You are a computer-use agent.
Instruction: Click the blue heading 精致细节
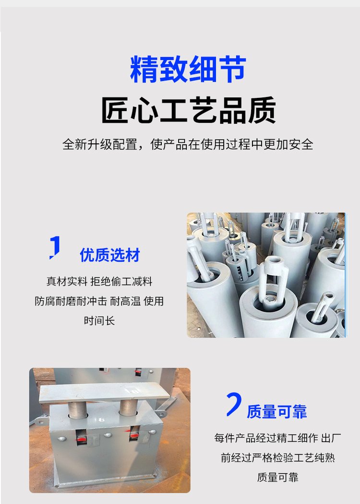click(x=188, y=69)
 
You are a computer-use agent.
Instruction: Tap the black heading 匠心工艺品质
click(x=189, y=110)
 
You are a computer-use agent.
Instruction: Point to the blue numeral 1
click(x=55, y=247)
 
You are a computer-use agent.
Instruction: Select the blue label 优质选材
click(x=110, y=255)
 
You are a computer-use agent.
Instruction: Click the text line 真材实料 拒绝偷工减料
click(x=99, y=281)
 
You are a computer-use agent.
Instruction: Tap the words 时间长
click(x=99, y=320)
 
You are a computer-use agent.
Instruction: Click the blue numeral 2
click(x=234, y=404)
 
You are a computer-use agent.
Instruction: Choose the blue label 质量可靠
click(x=276, y=412)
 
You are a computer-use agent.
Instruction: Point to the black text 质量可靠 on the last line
click(x=277, y=477)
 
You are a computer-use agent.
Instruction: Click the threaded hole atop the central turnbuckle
click(x=275, y=261)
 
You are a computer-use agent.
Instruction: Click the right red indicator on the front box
click(x=135, y=435)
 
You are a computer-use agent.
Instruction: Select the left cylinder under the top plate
click(x=78, y=410)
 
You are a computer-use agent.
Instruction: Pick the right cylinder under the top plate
click(x=129, y=408)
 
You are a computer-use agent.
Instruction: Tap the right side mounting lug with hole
click(x=162, y=413)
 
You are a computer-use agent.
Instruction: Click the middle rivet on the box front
click(x=108, y=435)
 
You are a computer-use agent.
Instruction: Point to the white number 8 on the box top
click(x=101, y=420)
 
